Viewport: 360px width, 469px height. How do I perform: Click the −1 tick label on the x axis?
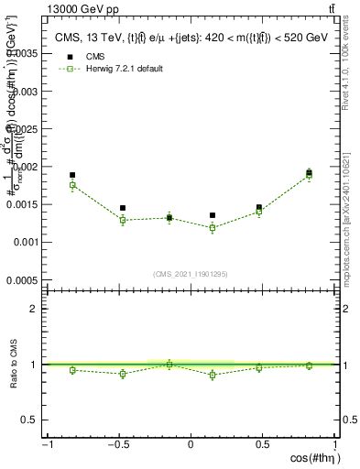pyautogui.click(x=47, y=445)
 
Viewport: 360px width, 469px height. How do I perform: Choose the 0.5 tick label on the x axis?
pyautogui.click(x=263, y=445)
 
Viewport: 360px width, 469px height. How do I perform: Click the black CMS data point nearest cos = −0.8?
pyautogui.click(x=72, y=175)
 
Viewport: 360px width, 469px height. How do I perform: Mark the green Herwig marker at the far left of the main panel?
pyautogui.click(x=72, y=185)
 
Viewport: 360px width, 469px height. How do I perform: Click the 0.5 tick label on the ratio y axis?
pyautogui.click(x=30, y=420)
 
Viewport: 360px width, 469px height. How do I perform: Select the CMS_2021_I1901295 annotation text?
pyautogui.click(x=191, y=275)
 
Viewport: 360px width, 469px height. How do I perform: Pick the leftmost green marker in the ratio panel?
pyautogui.click(x=72, y=370)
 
